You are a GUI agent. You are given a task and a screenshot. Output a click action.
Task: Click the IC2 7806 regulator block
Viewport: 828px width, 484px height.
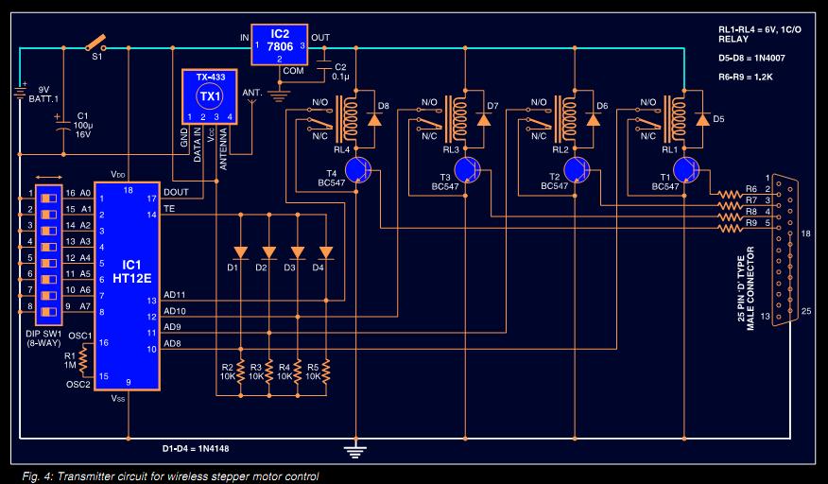click(x=279, y=44)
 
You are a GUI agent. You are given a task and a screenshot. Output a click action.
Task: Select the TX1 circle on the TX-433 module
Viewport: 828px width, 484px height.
click(x=209, y=97)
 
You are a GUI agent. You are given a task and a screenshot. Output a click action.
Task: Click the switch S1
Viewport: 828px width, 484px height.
click(x=95, y=43)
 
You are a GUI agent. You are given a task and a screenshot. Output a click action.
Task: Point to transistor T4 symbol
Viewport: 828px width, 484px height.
click(x=357, y=170)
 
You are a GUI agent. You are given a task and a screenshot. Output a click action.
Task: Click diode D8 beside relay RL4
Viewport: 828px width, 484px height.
click(x=375, y=120)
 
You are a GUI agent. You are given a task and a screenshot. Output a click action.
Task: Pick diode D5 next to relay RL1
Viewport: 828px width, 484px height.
click(x=701, y=120)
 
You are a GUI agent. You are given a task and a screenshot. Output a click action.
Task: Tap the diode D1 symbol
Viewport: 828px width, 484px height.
click(x=240, y=252)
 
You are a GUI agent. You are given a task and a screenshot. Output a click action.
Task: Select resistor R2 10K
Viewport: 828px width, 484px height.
click(x=240, y=370)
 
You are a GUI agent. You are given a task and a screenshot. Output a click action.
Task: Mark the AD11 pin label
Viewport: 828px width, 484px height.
click(x=174, y=294)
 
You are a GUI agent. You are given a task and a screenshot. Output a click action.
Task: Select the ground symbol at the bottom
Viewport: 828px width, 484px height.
click(x=356, y=449)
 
